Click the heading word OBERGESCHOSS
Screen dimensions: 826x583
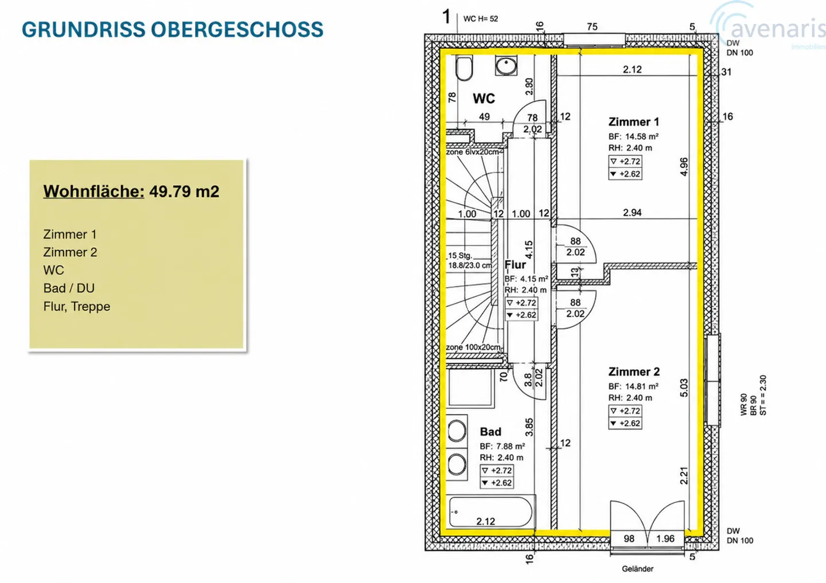click(x=237, y=29)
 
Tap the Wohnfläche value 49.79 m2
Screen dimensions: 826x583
click(x=184, y=191)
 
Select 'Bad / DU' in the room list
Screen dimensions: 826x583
click(x=69, y=288)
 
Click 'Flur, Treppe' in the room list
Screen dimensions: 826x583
click(x=77, y=306)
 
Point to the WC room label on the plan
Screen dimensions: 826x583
click(x=484, y=99)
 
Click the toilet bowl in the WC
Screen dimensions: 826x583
click(x=464, y=68)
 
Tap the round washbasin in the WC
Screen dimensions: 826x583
click(x=506, y=65)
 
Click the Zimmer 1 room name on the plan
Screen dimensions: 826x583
click(x=633, y=122)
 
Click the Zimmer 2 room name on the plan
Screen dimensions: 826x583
click(x=634, y=371)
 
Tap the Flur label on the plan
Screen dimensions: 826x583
click(x=515, y=265)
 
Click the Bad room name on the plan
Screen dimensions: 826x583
click(x=490, y=432)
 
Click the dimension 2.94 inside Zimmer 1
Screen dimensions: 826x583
click(x=632, y=212)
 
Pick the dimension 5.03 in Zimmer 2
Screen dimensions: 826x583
click(x=684, y=388)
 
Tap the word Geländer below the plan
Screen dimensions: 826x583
click(x=638, y=569)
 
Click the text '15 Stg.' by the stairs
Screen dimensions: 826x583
click(x=460, y=256)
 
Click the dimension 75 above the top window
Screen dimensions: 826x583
click(x=592, y=26)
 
